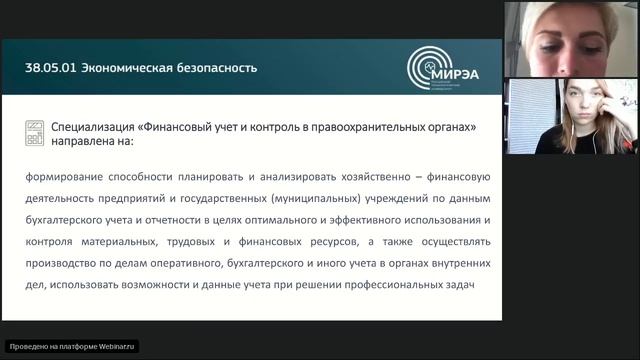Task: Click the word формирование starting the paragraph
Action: click(x=63, y=176)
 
